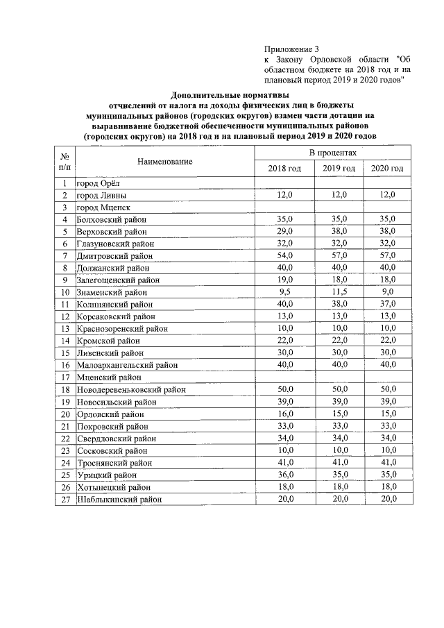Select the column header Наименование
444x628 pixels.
pyautogui.click(x=164, y=162)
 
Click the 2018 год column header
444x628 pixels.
pyautogui.click(x=284, y=169)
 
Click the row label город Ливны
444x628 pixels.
pyautogui.click(x=102, y=196)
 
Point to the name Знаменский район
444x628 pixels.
pyautogui.click(x=113, y=293)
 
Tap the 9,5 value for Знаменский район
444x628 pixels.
pyautogui.click(x=284, y=293)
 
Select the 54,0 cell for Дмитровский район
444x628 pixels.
pyautogui.click(x=284, y=256)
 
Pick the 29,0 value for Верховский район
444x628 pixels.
pyautogui.click(x=284, y=232)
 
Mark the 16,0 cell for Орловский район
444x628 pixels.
pyautogui.click(x=284, y=414)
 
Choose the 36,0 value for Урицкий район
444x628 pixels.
pyautogui.click(x=284, y=475)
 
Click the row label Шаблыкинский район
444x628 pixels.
pyautogui.click(x=119, y=499)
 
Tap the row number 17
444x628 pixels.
pyautogui.click(x=65, y=377)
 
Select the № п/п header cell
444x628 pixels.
pyautogui.click(x=65, y=162)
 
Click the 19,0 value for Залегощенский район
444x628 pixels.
pyautogui.click(x=284, y=280)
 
